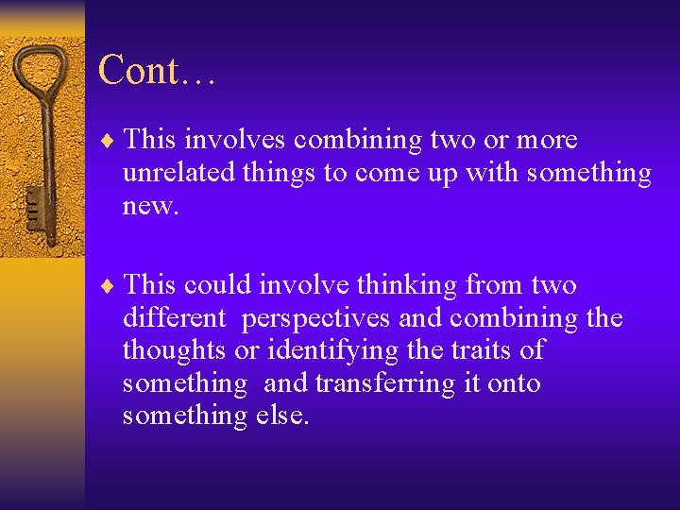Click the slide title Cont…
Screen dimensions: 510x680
157,71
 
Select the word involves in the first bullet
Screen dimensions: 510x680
235,141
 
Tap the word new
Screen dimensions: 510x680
149,206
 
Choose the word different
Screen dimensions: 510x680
175,318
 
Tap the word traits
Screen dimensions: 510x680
480,351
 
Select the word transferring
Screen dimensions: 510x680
382,383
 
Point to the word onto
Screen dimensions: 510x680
514,383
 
